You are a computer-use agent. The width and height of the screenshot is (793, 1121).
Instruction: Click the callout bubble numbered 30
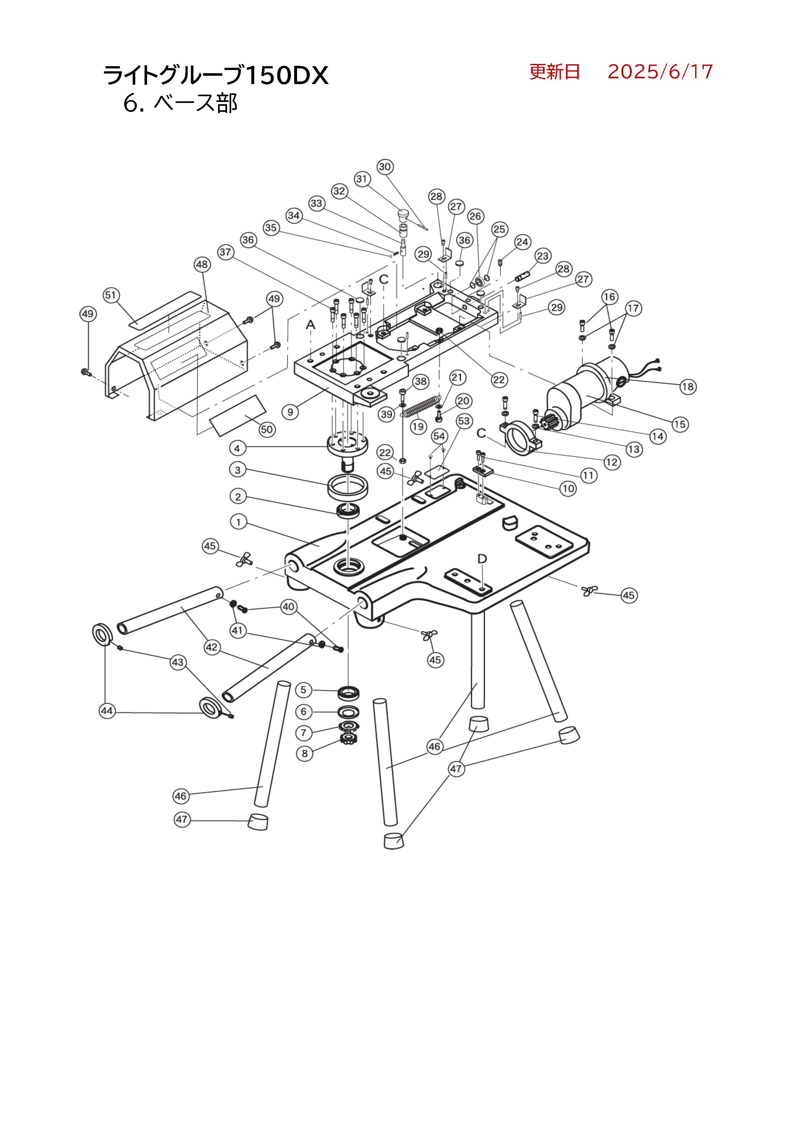(x=385, y=167)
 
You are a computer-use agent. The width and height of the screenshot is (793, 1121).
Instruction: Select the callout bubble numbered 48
(x=202, y=265)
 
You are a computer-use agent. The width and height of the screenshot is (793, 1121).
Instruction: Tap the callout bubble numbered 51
(x=111, y=295)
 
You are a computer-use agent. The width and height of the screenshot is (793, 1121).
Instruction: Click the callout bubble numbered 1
(x=238, y=522)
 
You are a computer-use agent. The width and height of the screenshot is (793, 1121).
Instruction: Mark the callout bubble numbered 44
(x=107, y=711)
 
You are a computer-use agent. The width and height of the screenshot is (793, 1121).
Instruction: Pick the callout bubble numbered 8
(x=304, y=753)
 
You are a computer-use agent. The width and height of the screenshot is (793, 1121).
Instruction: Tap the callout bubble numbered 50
(x=267, y=430)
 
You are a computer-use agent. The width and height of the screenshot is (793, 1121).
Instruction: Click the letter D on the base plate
(x=482, y=558)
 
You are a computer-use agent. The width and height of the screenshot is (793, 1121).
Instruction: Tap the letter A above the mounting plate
(x=310, y=325)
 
